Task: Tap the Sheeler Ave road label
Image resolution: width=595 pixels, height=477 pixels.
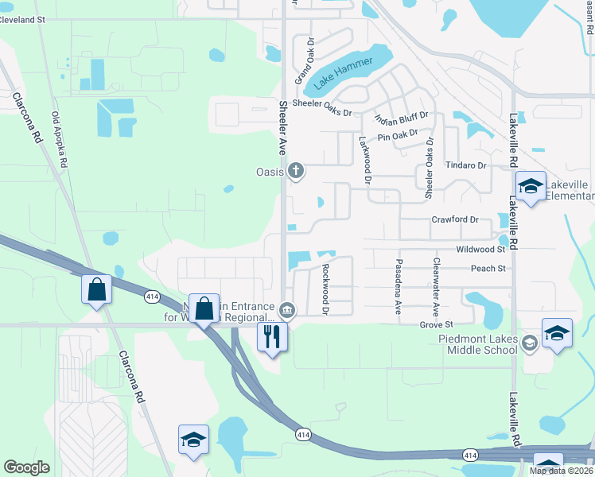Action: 282,127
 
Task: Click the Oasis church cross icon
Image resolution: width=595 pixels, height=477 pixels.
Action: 296,169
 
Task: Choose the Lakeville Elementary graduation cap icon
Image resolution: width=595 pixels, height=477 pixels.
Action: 531,187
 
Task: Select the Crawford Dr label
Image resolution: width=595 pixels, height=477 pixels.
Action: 455,219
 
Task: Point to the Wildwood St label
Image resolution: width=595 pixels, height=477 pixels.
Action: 480,249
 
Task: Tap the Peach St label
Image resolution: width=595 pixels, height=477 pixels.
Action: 488,269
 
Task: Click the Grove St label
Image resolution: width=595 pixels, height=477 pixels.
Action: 436,324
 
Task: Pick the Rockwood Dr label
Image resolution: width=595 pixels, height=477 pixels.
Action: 325,289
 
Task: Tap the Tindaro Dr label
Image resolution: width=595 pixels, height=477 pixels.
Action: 465,165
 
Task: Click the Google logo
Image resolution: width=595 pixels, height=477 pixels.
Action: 26,467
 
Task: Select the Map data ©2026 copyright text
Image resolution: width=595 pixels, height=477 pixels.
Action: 561,471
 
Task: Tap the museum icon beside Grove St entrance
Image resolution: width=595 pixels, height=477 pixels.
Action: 288,309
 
